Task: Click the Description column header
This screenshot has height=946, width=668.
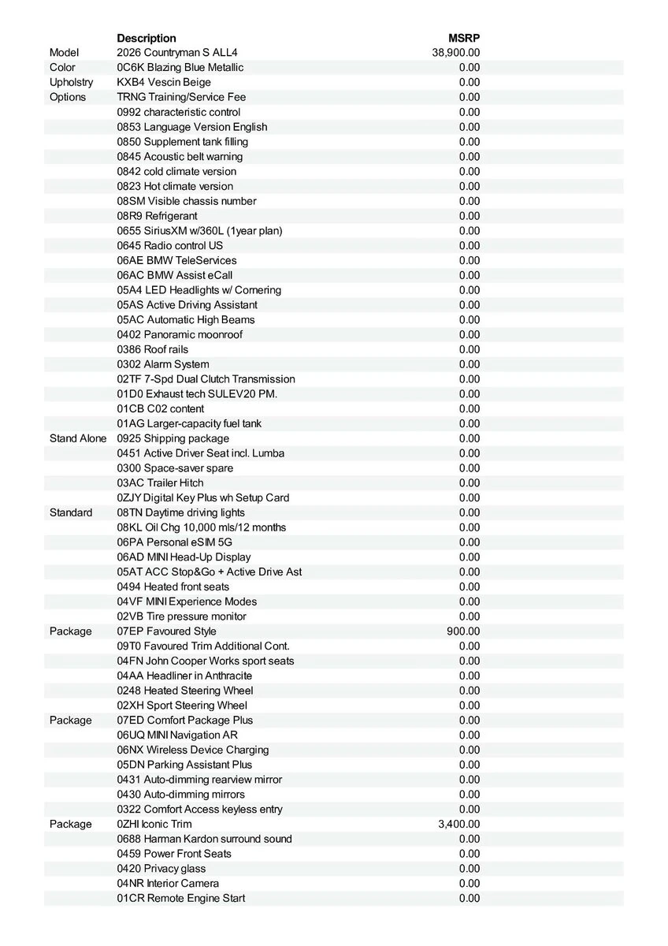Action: [147, 38]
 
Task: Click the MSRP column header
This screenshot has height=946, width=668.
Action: [464, 38]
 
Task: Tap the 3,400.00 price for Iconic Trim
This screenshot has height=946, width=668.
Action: [459, 824]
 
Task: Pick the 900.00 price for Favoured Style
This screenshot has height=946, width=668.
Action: [463, 631]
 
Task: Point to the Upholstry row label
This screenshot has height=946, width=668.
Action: [71, 82]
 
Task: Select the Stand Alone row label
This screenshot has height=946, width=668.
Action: [78, 438]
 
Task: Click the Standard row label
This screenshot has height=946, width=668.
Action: [71, 512]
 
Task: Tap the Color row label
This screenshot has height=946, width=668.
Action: [63, 68]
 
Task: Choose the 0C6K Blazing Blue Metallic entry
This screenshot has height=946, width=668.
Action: [180, 68]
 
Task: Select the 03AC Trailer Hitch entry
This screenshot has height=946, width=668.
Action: [160, 482]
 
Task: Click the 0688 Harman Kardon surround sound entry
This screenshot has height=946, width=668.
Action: [204, 839]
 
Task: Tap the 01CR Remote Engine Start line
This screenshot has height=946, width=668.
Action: [181, 898]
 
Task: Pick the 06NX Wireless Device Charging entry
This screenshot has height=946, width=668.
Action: [193, 750]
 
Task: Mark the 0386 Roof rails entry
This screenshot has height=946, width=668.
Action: [153, 349]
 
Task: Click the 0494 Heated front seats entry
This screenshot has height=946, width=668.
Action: [173, 587]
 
